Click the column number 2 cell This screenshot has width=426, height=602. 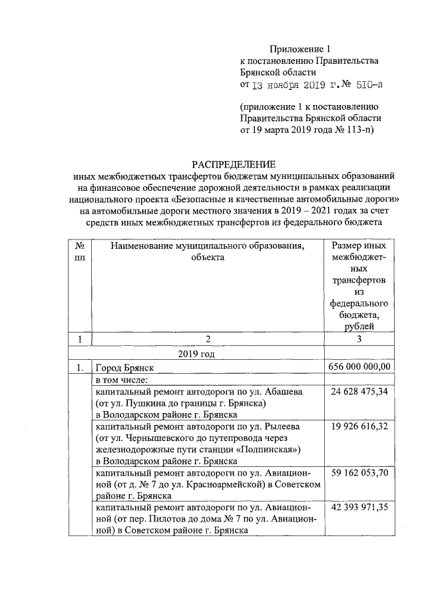tap(207, 340)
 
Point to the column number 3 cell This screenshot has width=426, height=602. tap(359, 340)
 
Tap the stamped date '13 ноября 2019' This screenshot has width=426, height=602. tap(286, 85)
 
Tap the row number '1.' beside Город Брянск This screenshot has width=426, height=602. tap(80, 367)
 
